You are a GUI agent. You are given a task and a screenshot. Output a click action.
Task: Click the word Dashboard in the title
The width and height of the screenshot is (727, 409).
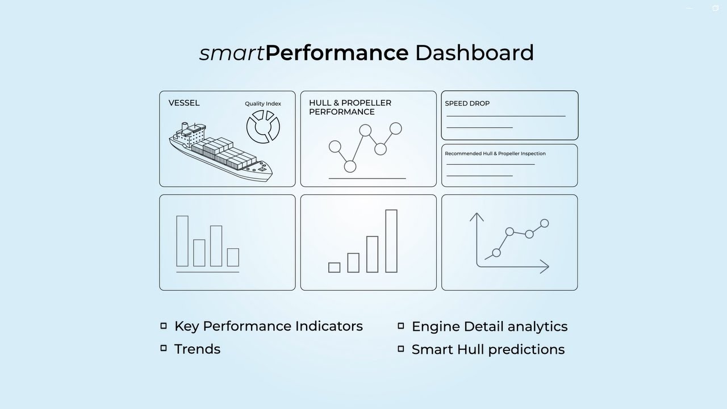(x=474, y=53)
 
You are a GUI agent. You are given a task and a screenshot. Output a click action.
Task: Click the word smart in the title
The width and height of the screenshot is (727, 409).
(x=232, y=53)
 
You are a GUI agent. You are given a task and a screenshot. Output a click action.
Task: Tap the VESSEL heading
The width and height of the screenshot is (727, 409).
(x=184, y=103)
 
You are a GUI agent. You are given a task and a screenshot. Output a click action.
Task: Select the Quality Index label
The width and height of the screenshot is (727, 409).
(x=263, y=103)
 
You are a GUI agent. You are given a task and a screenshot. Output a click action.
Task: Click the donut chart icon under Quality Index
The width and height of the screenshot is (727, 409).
(x=263, y=127)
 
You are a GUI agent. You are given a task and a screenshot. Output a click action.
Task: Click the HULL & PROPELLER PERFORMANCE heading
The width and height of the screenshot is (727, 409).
(x=350, y=107)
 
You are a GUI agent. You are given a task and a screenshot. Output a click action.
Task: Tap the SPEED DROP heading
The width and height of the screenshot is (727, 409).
(x=467, y=103)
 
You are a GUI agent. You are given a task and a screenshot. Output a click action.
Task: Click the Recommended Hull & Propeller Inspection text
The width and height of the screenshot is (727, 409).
(x=495, y=153)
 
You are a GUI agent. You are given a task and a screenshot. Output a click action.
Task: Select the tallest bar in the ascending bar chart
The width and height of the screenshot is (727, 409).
(x=391, y=241)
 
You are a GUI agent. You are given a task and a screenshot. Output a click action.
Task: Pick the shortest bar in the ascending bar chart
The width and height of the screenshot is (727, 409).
(x=335, y=268)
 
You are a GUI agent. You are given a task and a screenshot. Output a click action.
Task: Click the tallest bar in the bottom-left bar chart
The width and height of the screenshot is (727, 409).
(x=182, y=241)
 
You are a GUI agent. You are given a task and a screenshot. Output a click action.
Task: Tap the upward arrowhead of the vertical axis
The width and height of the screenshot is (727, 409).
(x=477, y=216)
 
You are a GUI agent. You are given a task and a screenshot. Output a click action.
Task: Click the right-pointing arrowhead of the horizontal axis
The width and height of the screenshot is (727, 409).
(x=545, y=266)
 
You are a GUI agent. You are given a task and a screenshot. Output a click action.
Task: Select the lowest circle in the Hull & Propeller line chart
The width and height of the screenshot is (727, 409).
(x=350, y=166)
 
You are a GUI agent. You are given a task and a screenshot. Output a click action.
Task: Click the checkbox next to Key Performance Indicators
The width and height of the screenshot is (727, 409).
(x=164, y=325)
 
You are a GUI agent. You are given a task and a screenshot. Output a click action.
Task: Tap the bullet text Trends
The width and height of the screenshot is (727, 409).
(x=197, y=349)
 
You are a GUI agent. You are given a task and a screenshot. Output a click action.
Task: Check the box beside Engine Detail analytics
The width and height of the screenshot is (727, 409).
(x=401, y=325)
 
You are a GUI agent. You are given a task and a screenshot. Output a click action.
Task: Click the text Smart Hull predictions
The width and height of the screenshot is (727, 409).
(x=488, y=349)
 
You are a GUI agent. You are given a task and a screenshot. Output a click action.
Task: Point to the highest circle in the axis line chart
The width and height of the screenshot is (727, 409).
(x=545, y=223)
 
